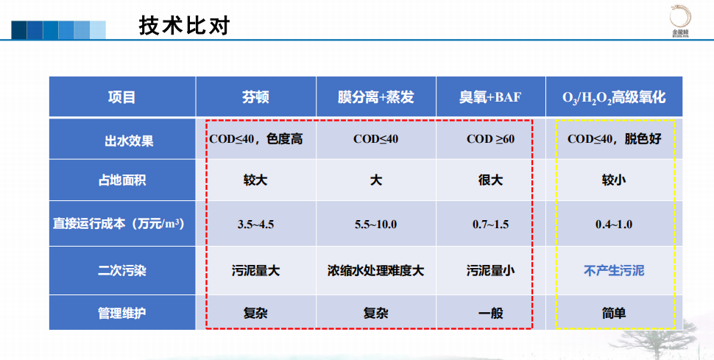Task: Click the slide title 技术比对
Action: tap(185, 26)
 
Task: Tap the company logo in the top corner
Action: tap(680, 21)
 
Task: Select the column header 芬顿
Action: tap(255, 97)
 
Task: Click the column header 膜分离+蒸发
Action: tap(375, 97)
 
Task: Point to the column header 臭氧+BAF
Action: tap(490, 97)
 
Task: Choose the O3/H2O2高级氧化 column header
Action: tap(614, 97)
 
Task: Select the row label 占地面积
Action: tap(122, 180)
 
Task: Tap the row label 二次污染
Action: tap(122, 271)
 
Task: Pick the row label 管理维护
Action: tap(122, 314)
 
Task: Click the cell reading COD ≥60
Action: tap(490, 139)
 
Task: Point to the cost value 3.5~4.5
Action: tap(255, 225)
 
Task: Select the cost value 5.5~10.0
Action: tap(375, 225)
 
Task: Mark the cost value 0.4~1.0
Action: tap(614, 225)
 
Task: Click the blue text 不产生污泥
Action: tap(614, 271)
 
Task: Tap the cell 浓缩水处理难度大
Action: tap(375, 271)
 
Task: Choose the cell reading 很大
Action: tap(490, 180)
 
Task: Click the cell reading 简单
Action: tap(614, 314)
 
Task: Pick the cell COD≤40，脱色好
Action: tap(614, 139)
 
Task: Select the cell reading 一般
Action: tap(490, 314)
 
